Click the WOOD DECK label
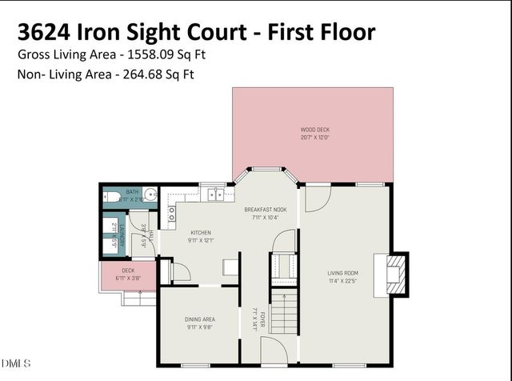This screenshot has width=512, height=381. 314,129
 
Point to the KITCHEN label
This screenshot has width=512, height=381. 200,232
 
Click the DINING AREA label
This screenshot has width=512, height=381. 199,319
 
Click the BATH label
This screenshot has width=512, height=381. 133,192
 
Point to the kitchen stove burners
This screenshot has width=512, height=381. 172,213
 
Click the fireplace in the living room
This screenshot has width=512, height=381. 394,275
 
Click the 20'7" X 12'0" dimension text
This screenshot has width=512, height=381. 314,137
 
